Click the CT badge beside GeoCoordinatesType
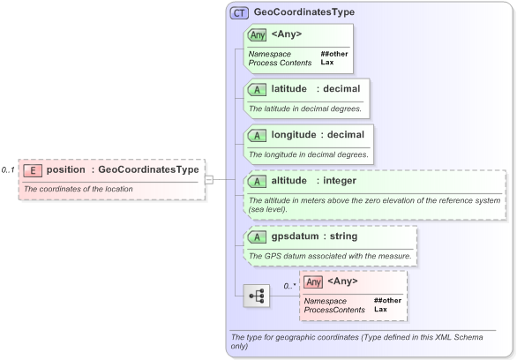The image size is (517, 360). (239, 13)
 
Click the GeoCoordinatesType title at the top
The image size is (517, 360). (303, 13)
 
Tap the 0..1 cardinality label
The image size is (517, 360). (8, 169)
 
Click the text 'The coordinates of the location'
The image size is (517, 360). (78, 189)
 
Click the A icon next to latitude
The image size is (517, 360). (257, 90)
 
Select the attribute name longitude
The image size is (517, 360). (294, 135)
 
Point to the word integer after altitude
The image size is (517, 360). (339, 181)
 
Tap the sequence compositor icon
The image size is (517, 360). (257, 296)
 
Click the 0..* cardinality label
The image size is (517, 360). (288, 286)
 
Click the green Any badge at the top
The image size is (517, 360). (257, 35)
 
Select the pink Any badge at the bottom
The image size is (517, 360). (313, 281)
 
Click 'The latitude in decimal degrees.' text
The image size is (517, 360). (304, 109)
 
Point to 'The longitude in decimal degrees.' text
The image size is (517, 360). (308, 154)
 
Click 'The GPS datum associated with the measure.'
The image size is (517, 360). (330, 256)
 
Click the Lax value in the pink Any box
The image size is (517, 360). (379, 310)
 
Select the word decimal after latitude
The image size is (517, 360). (341, 89)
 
